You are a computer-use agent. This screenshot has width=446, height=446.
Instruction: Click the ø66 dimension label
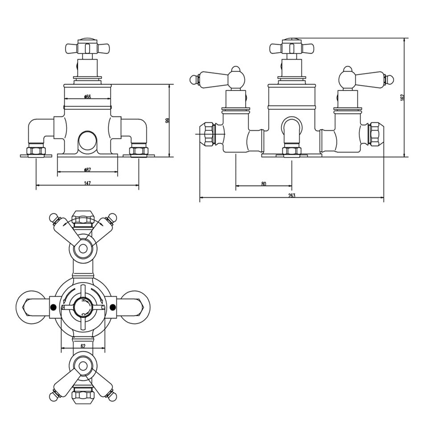[87, 97]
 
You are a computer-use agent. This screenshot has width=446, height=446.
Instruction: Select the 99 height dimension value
[167, 120]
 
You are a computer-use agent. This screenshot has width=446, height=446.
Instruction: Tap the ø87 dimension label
[87, 170]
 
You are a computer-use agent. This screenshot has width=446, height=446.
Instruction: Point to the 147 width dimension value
[87, 183]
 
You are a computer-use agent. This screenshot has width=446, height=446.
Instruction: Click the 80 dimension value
[264, 184]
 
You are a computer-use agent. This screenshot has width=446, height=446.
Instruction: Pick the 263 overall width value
[292, 195]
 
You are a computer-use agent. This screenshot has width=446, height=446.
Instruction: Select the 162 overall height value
[402, 97]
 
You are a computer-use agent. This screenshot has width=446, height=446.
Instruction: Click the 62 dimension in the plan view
[83, 346]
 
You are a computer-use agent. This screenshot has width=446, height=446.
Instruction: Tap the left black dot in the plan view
[53, 307]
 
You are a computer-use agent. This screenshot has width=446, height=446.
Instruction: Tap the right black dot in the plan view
[113, 307]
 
